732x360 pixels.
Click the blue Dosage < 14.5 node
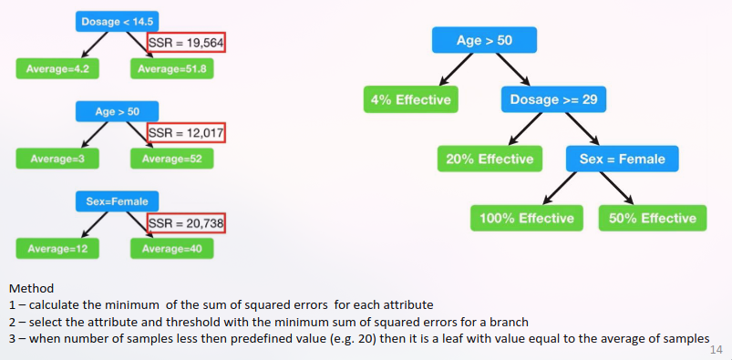(x=118, y=22)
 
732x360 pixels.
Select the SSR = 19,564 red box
(x=186, y=42)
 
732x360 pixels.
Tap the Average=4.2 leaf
(x=57, y=68)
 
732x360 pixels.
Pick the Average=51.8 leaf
(x=172, y=68)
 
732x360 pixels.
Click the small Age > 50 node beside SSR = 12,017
(x=118, y=111)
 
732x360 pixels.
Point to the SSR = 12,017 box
(x=186, y=132)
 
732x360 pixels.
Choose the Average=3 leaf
(x=57, y=159)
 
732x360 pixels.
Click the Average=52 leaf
(x=172, y=159)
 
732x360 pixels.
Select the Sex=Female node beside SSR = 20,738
(x=118, y=201)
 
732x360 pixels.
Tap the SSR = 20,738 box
(x=186, y=223)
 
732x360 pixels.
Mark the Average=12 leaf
(x=57, y=249)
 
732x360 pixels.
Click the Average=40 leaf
(x=172, y=249)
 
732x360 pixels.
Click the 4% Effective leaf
(x=411, y=99)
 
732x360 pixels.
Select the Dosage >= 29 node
(x=553, y=99)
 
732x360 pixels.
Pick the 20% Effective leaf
(x=490, y=159)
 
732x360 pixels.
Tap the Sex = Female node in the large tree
(x=623, y=159)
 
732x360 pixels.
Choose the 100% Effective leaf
(x=527, y=218)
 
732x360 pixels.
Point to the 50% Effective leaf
(x=653, y=218)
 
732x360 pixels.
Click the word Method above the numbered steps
(x=31, y=288)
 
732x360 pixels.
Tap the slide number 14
(x=717, y=350)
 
